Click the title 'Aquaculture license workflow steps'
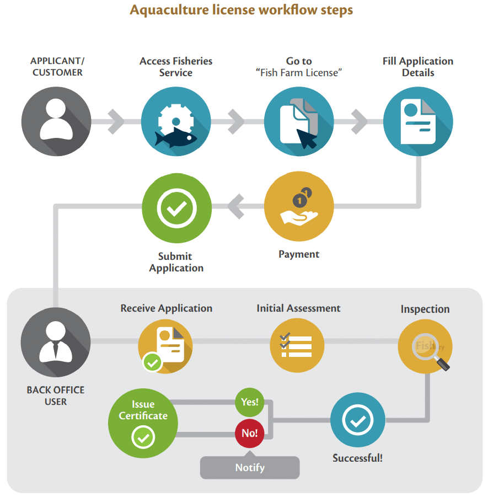[x=241, y=10]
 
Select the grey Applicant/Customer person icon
[x=56, y=121]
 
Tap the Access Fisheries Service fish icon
[x=176, y=121]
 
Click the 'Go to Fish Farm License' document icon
[x=298, y=121]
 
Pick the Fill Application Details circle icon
[x=418, y=121]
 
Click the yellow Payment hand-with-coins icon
[x=298, y=206]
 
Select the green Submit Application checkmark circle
[x=176, y=207]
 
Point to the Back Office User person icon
[x=56, y=341]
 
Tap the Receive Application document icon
[x=165, y=345]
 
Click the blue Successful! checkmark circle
[x=357, y=420]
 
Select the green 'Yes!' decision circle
[x=249, y=402]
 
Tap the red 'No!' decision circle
[x=249, y=433]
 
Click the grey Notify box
[x=250, y=467]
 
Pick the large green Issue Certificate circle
[x=143, y=424]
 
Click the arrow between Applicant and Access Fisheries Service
[x=116, y=121]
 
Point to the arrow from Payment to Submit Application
[x=237, y=207]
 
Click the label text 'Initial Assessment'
[x=298, y=308]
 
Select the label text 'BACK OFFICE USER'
[x=56, y=396]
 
